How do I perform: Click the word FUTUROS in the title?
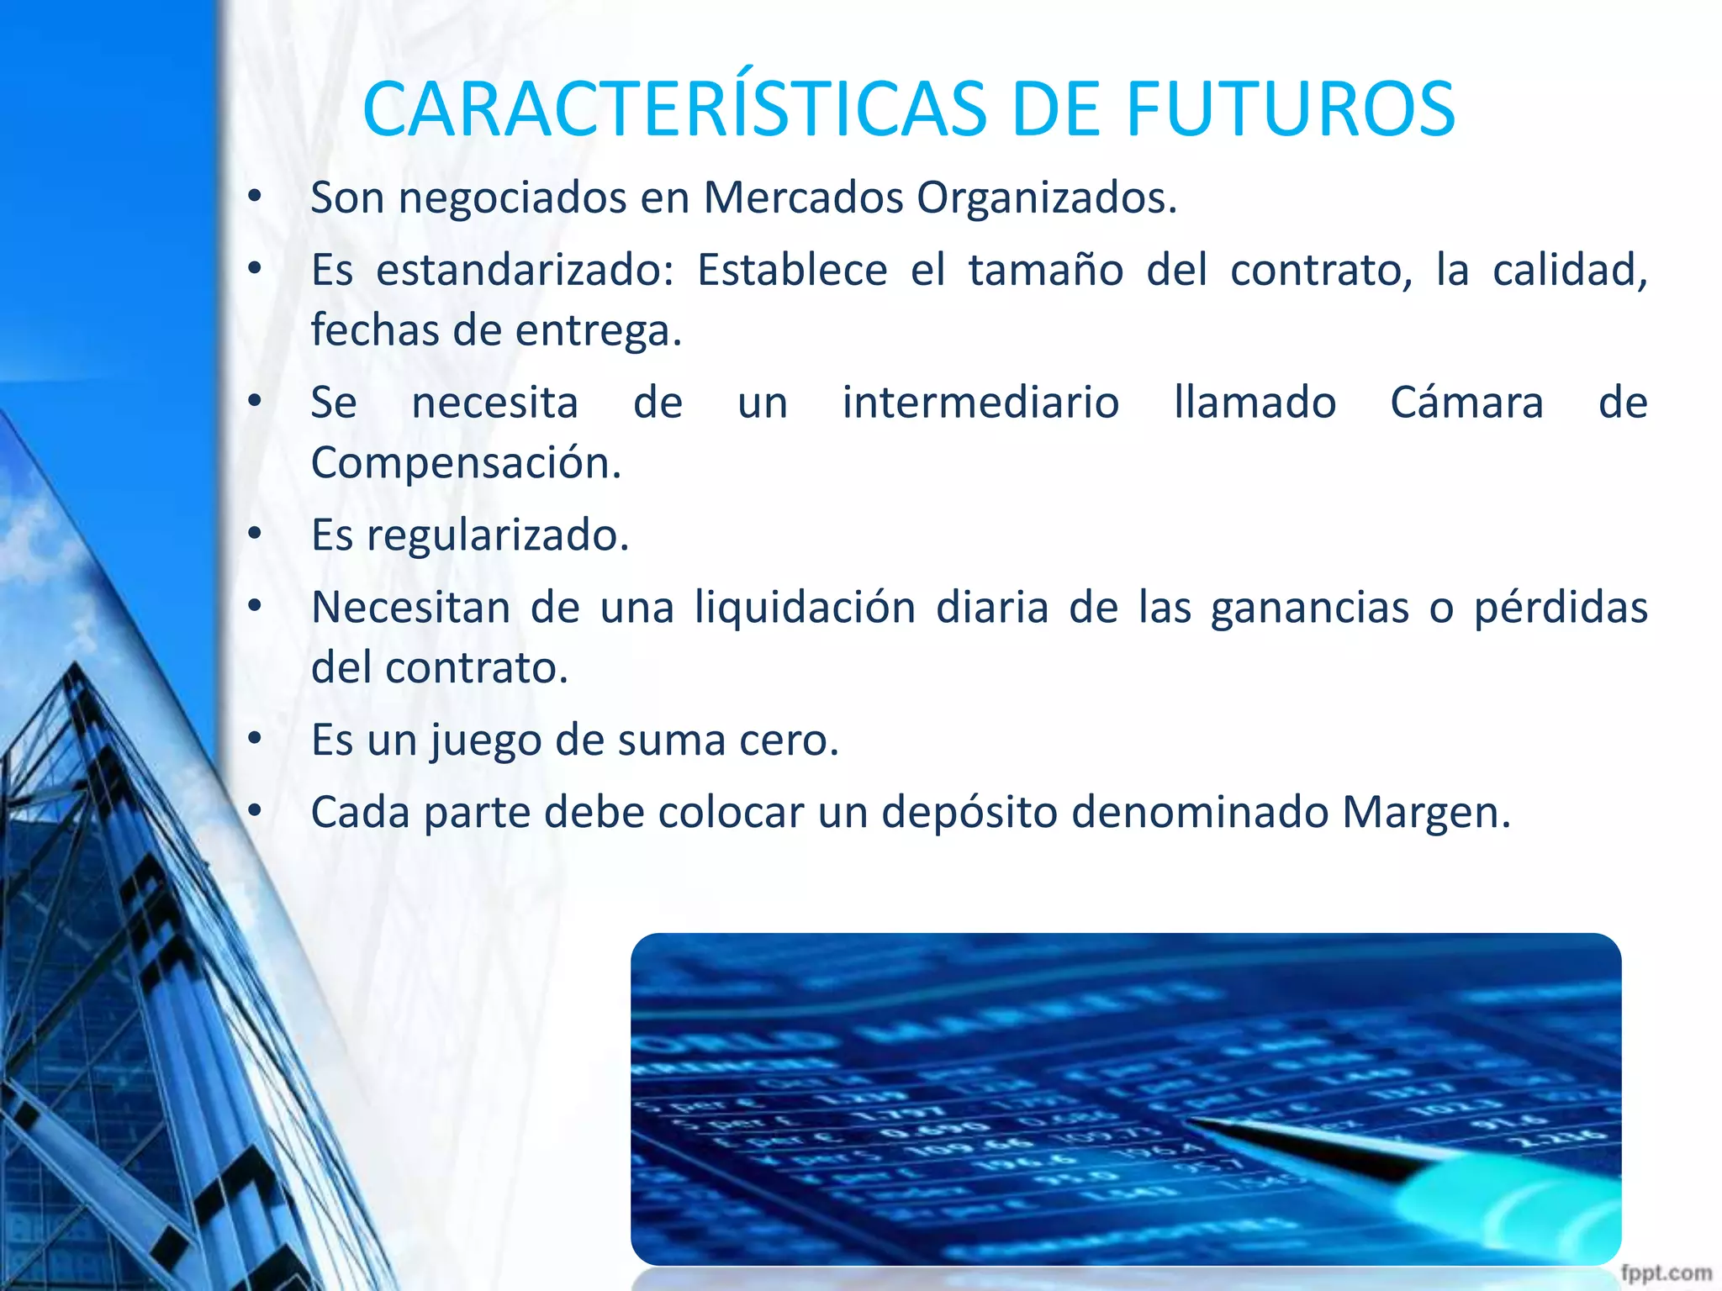click(x=1290, y=109)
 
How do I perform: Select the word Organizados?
click(x=1046, y=198)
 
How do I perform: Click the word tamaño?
click(x=1046, y=271)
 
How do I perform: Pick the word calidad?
click(x=1569, y=271)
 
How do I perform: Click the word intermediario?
click(x=980, y=403)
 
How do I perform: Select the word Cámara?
click(x=1466, y=403)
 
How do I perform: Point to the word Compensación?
click(x=466, y=463)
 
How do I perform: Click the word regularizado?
click(x=498, y=535)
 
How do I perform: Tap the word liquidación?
click(x=805, y=608)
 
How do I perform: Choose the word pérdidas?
click(x=1561, y=608)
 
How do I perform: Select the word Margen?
click(x=1426, y=813)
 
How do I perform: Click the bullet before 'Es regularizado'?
click(x=256, y=534)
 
